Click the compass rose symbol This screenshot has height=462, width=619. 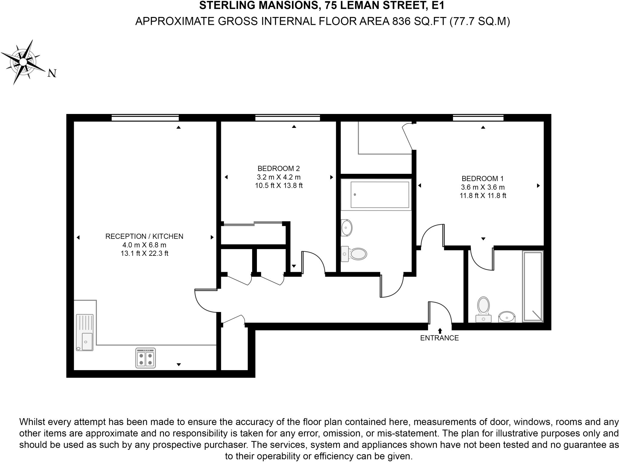point(23,62)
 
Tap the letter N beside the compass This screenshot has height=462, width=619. point(52,73)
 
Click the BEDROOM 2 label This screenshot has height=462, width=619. point(278,168)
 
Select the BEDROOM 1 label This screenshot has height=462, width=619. point(483,179)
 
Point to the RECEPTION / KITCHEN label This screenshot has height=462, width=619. point(144,236)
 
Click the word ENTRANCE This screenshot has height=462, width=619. point(439,338)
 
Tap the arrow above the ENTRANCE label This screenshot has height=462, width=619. point(440,331)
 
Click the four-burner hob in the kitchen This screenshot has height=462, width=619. point(145,358)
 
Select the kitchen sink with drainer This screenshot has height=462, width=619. point(85,332)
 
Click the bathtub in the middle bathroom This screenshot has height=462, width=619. point(376,195)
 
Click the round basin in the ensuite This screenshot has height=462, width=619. point(507,317)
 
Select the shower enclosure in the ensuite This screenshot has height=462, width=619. point(533,286)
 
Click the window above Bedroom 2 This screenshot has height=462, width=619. point(287,118)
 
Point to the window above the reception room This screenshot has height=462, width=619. point(145,118)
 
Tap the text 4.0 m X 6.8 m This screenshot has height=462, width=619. point(144,245)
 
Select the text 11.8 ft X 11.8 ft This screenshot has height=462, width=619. point(483,196)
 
